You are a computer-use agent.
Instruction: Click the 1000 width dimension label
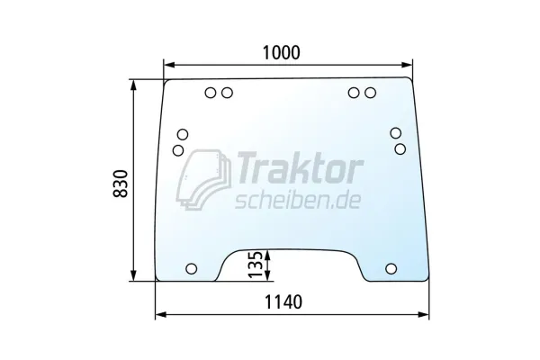pyautogui.click(x=282, y=53)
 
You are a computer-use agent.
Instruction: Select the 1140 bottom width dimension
pyautogui.click(x=283, y=301)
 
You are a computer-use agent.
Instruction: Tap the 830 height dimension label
pyautogui.click(x=121, y=184)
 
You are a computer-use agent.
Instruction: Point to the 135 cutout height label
pyautogui.click(x=256, y=265)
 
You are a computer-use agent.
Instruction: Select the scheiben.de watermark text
pyautogui.click(x=298, y=201)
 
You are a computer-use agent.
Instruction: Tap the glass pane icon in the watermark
pyautogui.click(x=203, y=179)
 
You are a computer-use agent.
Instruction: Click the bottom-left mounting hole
pyautogui.click(x=192, y=269)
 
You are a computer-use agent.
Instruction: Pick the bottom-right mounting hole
pyautogui.click(x=391, y=268)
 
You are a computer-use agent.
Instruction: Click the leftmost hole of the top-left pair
pyautogui.click(x=211, y=93)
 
